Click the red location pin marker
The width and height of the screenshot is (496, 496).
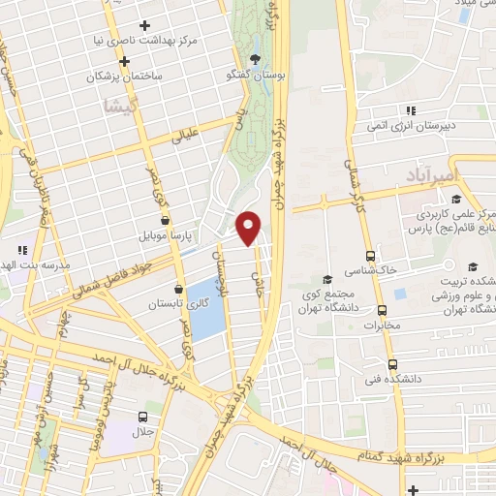[249, 227]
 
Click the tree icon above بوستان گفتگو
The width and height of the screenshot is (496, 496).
[256, 56]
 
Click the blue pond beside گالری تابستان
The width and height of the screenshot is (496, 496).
[206, 308]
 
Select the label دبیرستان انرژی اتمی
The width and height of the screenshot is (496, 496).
[411, 126]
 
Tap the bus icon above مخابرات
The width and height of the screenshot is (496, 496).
[382, 311]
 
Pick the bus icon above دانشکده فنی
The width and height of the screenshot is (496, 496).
[392, 365]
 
